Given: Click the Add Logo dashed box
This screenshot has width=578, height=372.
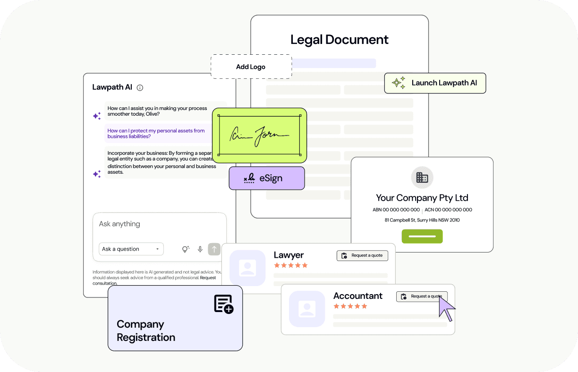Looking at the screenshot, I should [x=251, y=67].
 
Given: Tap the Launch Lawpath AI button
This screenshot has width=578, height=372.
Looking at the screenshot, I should [x=435, y=83].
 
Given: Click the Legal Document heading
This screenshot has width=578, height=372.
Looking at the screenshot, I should [x=339, y=40].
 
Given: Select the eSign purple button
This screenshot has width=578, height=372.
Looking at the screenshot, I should [x=267, y=178].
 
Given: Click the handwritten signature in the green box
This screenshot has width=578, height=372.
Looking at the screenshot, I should [x=259, y=135].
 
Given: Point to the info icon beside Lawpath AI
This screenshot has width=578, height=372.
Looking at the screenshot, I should [x=140, y=87].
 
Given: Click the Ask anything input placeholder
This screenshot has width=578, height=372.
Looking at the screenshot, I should [x=120, y=224].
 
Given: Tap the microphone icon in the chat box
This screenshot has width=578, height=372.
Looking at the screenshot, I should [x=200, y=249].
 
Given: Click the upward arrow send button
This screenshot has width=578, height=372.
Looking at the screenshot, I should [x=214, y=249].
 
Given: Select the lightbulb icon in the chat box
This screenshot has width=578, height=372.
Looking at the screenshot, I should [x=186, y=249].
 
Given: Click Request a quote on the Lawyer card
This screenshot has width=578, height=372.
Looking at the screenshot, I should [x=362, y=255].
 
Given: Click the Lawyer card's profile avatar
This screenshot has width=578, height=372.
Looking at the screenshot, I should [x=247, y=268].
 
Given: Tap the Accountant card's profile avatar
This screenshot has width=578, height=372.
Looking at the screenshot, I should [x=307, y=309].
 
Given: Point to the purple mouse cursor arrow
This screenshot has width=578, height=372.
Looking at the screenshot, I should [x=445, y=307].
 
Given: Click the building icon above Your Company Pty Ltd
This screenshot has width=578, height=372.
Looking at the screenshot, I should [x=422, y=178].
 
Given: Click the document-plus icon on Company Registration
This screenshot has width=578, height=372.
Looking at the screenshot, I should [x=224, y=304].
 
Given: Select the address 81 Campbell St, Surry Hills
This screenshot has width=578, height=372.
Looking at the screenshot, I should [x=422, y=220].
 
